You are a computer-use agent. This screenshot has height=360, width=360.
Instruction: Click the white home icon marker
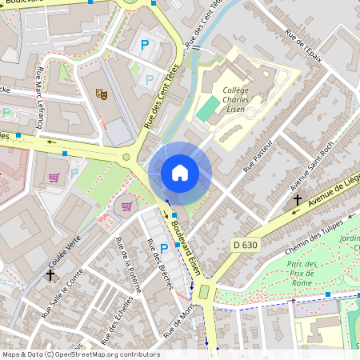(180, 173)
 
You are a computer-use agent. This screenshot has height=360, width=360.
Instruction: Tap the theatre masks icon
(101, 94)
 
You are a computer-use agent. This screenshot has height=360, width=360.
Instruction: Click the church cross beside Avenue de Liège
(298, 199)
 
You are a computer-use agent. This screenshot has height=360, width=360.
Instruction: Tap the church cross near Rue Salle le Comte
(50, 274)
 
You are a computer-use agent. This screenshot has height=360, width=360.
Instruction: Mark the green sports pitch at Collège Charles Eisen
(207, 108)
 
